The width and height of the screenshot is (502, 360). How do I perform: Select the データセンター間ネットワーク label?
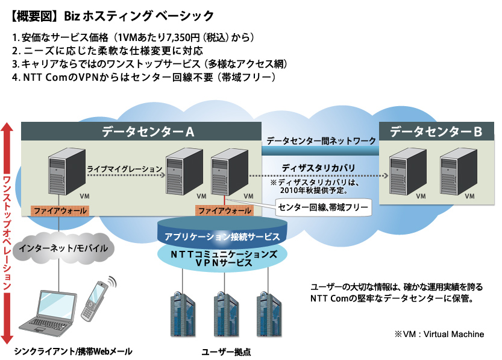(321, 140)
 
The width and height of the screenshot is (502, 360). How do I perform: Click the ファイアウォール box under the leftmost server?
(60, 211)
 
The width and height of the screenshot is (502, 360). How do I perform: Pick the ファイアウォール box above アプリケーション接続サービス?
(224, 211)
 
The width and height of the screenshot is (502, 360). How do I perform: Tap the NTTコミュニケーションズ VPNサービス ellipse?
(223, 259)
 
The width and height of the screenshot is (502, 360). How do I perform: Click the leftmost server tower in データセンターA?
(59, 174)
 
